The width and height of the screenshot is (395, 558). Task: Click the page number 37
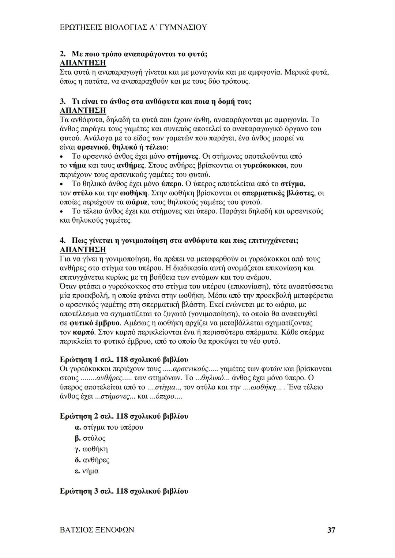pyautogui.click(x=331, y=530)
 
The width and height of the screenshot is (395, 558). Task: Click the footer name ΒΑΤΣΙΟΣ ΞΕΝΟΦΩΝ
pyautogui.click(x=97, y=530)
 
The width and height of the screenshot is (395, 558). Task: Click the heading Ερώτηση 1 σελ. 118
pyautogui.click(x=124, y=359)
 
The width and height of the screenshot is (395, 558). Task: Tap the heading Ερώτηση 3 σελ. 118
pyautogui.click(x=124, y=491)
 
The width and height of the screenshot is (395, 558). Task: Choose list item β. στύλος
pyautogui.click(x=90, y=438)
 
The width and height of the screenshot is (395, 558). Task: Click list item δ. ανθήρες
pyautogui.click(x=92, y=460)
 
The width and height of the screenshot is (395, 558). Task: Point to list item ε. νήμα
pyautogui.click(x=86, y=471)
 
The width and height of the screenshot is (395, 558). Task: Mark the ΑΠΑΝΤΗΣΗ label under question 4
pyautogui.click(x=83, y=250)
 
